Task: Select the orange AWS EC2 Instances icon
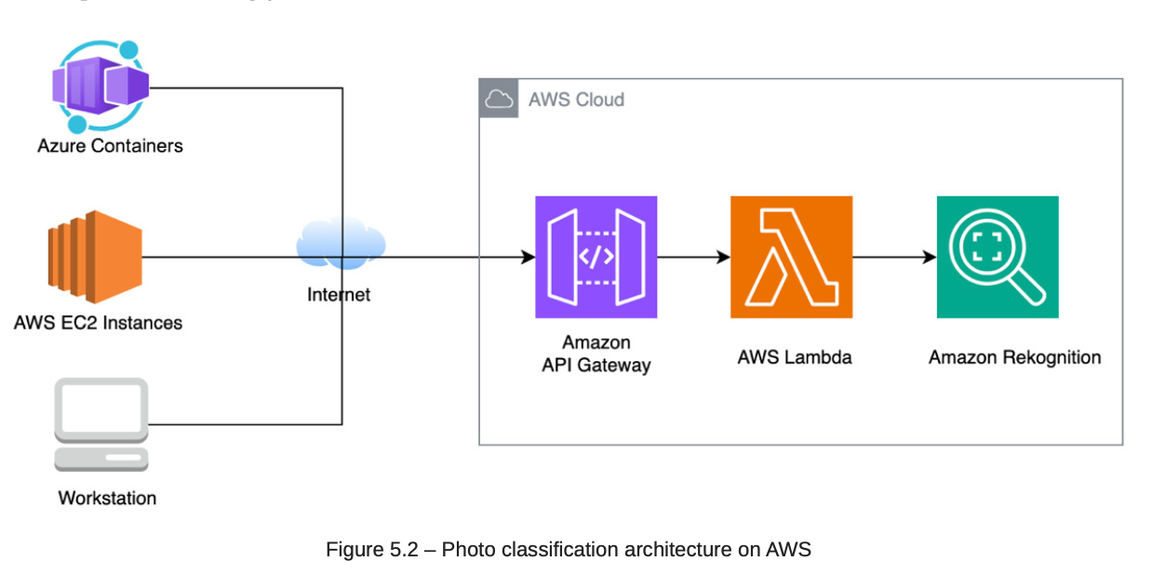pos(95,257)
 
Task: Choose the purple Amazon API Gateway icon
pos(596,257)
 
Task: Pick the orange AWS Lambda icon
pos(791,257)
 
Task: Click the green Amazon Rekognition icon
pos(998,257)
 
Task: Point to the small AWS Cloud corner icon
pos(499,99)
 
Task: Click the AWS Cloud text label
pos(576,100)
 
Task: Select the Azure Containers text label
pos(110,146)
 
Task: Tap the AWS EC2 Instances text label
pos(98,323)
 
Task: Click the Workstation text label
pos(107,498)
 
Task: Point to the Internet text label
pos(339,295)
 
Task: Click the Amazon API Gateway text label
pos(596,354)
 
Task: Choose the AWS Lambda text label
pos(794,357)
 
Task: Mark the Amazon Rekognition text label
pos(1014,357)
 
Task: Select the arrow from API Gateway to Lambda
pos(693,257)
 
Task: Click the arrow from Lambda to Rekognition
pos(894,257)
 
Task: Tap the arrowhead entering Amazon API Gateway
pos(529,257)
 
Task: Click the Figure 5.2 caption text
pos(568,549)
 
